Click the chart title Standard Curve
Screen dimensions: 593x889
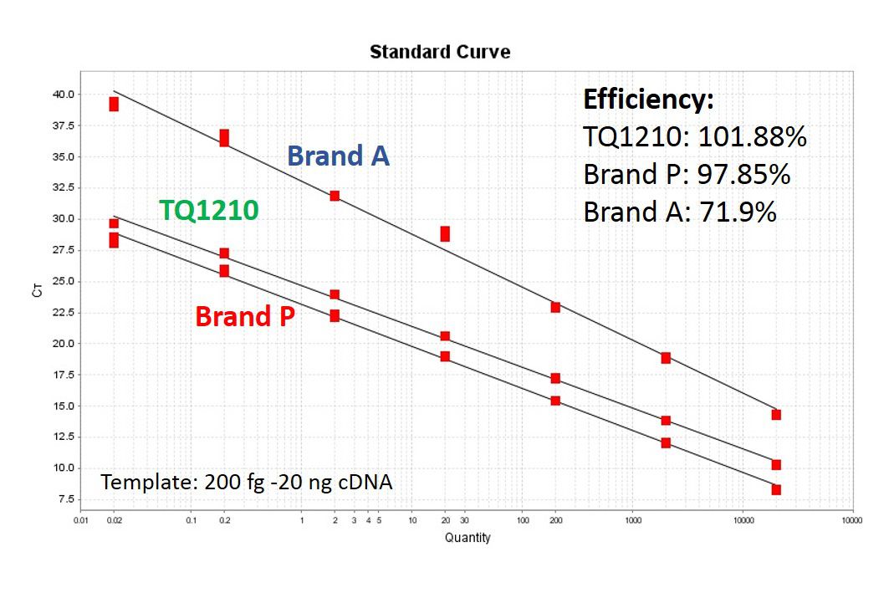point(440,52)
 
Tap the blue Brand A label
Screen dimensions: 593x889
point(338,156)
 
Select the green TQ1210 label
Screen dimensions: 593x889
point(209,211)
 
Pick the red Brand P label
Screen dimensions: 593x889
point(244,317)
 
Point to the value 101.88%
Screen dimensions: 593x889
point(754,136)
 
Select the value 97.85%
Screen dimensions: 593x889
point(743,174)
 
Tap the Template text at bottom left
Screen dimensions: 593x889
point(247,482)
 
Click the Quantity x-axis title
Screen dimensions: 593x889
point(467,538)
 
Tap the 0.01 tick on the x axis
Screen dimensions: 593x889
point(80,519)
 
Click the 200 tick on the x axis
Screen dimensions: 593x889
point(555,519)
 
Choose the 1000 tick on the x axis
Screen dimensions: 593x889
point(632,519)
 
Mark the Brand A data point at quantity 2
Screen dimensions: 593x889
point(335,196)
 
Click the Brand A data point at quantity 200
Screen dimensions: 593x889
point(555,307)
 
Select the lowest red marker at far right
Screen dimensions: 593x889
point(776,489)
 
